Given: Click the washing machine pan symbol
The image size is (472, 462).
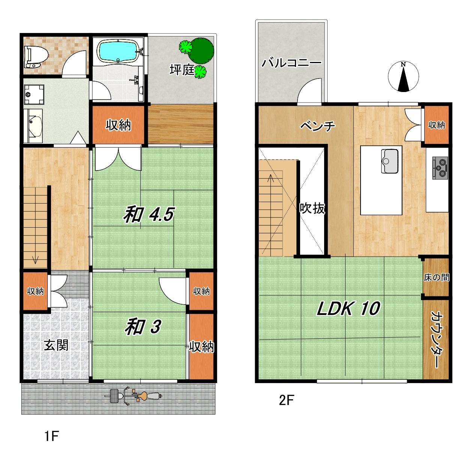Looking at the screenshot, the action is [x=34, y=94].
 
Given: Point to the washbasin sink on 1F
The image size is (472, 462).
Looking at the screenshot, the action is [x=33, y=125].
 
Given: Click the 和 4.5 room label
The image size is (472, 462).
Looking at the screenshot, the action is [x=149, y=214].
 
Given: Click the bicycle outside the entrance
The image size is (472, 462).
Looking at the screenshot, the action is [x=133, y=396].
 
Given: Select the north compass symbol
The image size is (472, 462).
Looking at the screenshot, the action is [x=403, y=77].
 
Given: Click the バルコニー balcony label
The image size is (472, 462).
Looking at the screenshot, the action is [x=291, y=63].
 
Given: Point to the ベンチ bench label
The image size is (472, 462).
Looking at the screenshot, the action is [x=318, y=126].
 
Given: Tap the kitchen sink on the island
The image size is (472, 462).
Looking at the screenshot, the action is [x=390, y=161].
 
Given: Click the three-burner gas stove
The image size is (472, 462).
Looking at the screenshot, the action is [x=440, y=168].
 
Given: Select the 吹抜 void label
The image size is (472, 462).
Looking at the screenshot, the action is [x=312, y=208].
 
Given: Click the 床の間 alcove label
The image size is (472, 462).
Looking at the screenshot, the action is [x=436, y=278].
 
